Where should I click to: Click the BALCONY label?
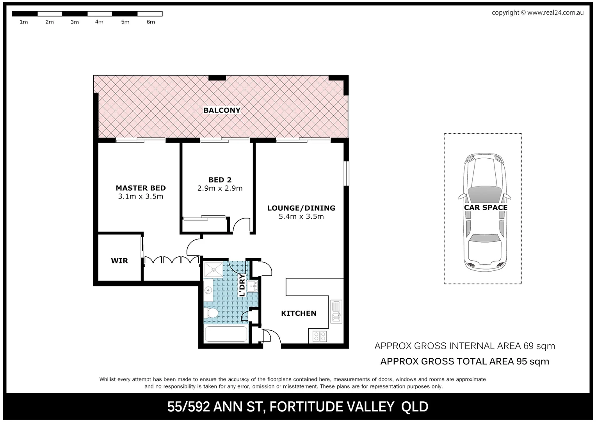point(222,110)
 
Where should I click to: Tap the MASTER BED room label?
point(141,188)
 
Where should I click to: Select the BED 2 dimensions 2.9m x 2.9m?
point(220,188)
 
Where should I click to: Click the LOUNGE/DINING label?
point(301,208)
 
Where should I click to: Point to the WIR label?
point(119,261)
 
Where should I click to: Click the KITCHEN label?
point(299,313)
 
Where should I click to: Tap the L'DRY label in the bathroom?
point(242,285)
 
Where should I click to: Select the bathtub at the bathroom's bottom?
point(226,334)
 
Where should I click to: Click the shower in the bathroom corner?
point(213,269)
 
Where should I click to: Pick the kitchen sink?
point(336,311)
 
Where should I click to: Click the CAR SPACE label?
point(486,207)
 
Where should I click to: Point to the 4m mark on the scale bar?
point(99,22)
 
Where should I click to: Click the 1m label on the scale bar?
point(24,22)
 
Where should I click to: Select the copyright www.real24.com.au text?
point(537,13)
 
